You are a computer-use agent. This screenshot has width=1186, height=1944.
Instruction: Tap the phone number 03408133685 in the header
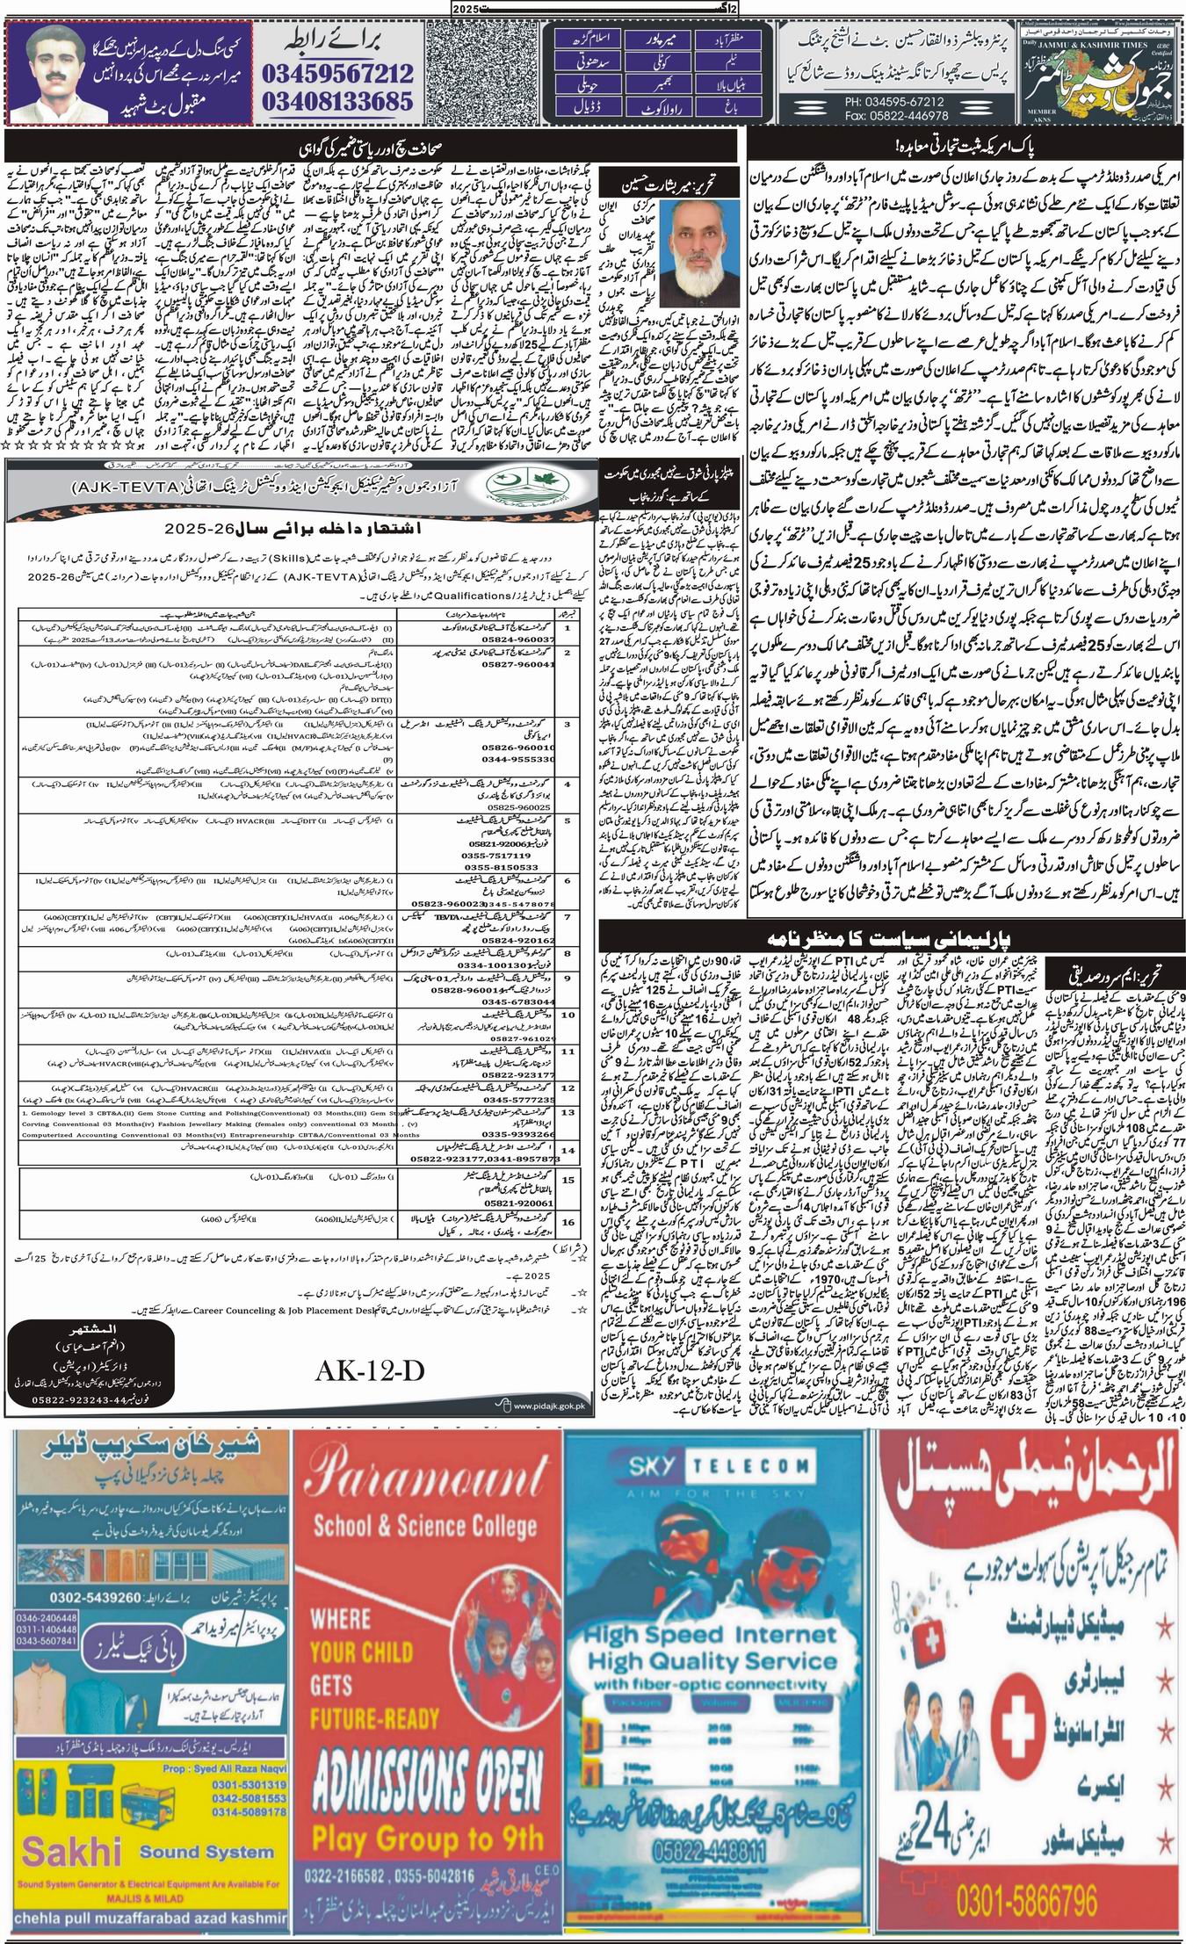[337, 101]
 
